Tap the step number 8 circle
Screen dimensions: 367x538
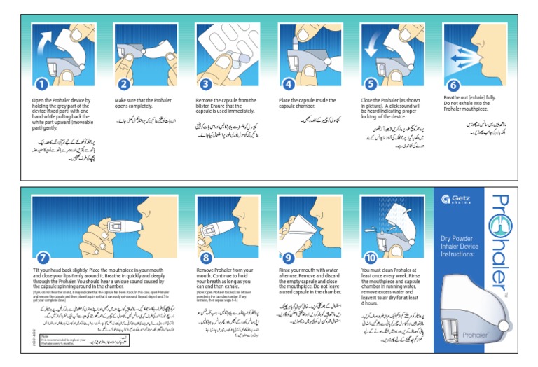pos(206,256)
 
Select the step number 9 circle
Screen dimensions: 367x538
pos(287,256)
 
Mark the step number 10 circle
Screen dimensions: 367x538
pos(369,256)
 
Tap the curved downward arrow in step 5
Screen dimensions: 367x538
pos(375,45)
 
